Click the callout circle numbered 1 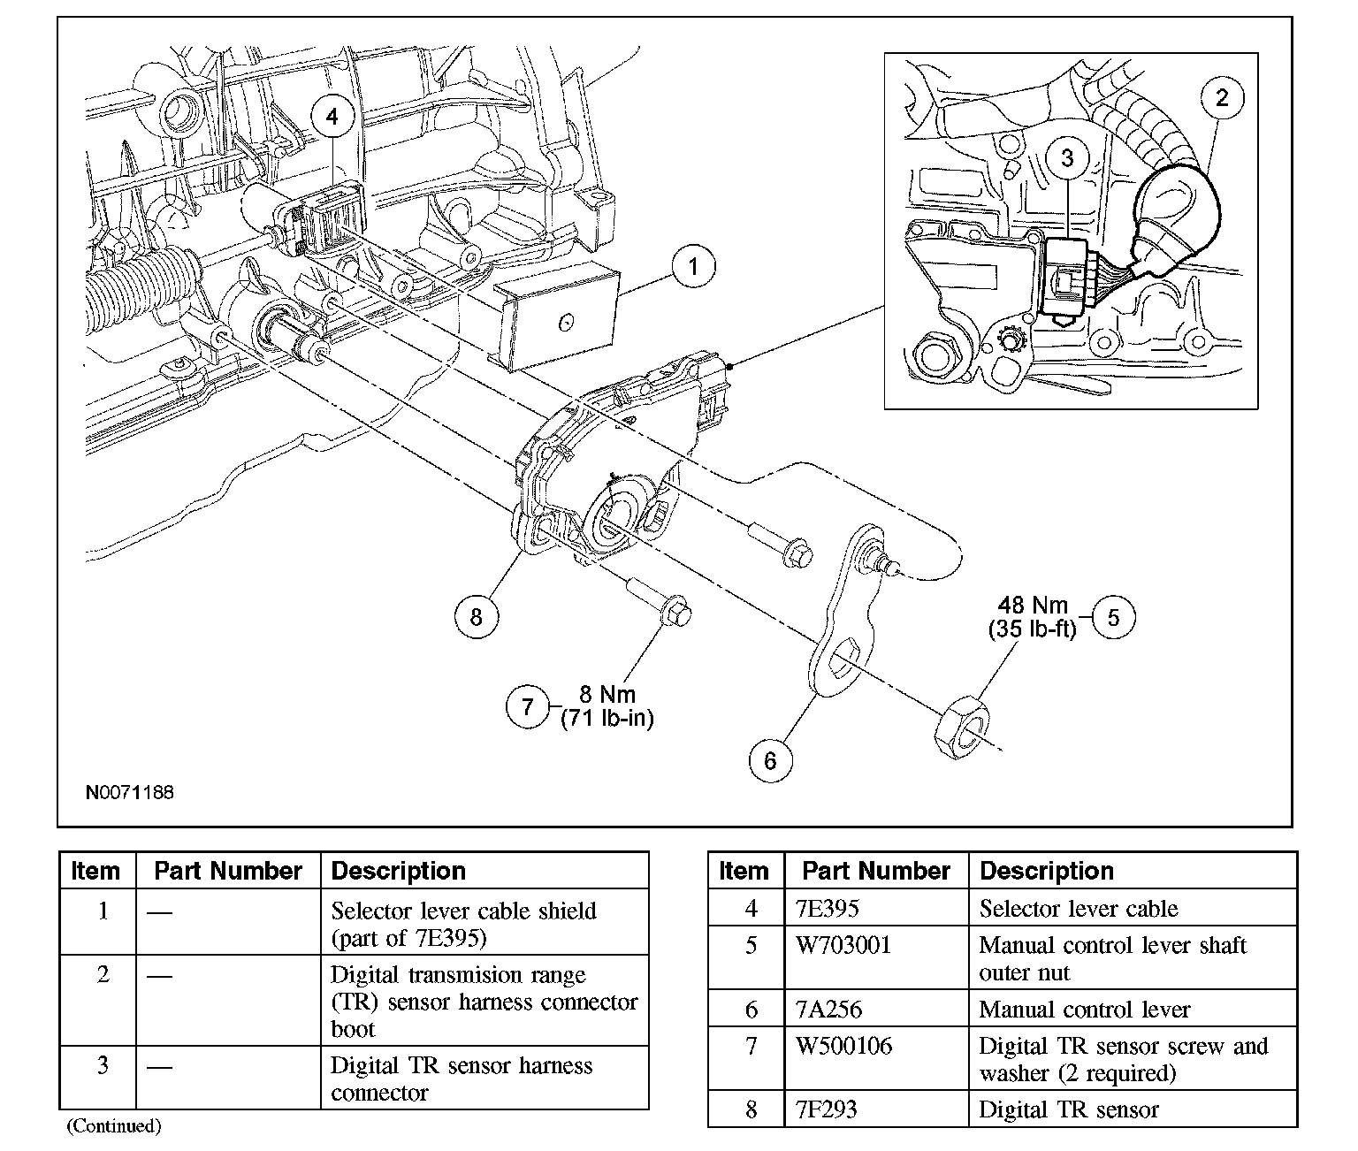(692, 266)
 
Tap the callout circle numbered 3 (1067, 158)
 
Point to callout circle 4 (332, 116)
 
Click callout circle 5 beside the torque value (1113, 617)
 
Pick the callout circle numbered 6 (770, 760)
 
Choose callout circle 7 (528, 706)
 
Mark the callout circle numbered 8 (477, 616)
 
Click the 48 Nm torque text (1033, 606)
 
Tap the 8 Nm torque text (607, 694)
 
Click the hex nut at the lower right (963, 728)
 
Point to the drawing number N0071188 (130, 792)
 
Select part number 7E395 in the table (828, 909)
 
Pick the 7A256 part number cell (828, 1010)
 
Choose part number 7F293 (827, 1109)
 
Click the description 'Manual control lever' (1085, 1010)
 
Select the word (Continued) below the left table (114, 1126)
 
